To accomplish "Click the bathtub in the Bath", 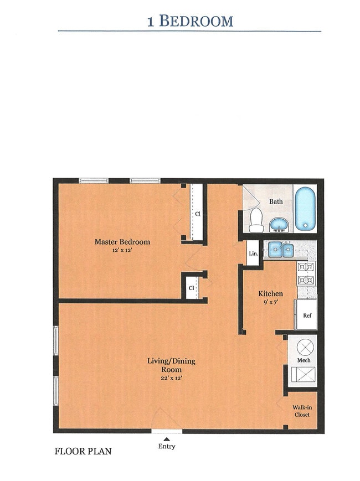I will (305, 209).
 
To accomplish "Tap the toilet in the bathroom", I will (256, 220).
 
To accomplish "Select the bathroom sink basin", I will (279, 225).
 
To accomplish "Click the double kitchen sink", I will (281, 251).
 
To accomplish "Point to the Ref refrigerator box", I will (306, 316).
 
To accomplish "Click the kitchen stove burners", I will (306, 273).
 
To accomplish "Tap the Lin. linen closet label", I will (253, 254).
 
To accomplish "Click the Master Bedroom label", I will (122, 242).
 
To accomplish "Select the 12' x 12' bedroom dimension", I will (122, 250).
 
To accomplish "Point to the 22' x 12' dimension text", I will (171, 378).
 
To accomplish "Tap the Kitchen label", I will (271, 293).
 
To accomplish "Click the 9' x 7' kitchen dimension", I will (271, 302).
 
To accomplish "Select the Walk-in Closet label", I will (302, 411).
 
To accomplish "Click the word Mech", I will (304, 360).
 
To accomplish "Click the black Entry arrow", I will (166, 439).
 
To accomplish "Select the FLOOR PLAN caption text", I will (83, 451).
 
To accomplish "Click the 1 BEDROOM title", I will (190, 21).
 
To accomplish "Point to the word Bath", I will (276, 201).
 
